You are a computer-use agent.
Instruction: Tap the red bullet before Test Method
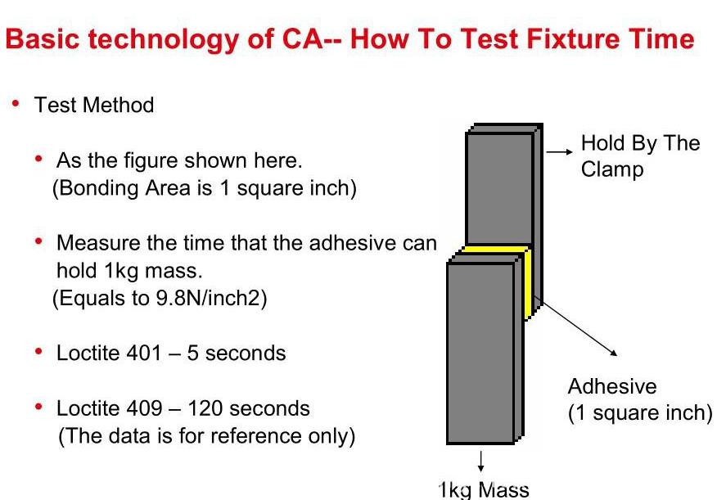16,103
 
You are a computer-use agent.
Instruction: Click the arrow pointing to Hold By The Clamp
559,151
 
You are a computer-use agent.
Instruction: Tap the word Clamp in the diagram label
612,170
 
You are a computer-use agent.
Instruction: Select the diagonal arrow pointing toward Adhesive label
579,328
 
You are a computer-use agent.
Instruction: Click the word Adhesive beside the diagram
612,386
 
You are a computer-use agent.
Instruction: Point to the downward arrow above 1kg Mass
481,462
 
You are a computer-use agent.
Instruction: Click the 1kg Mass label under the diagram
484,490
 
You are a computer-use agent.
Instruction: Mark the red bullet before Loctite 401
39,351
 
